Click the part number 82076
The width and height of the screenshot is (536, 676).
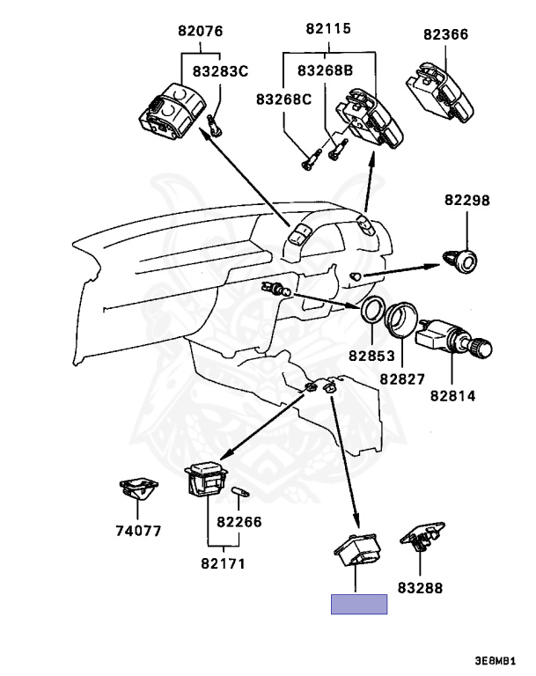pyautogui.click(x=199, y=32)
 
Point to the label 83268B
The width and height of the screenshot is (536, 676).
pyautogui.click(x=325, y=70)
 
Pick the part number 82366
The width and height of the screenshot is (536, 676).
pyautogui.click(x=445, y=35)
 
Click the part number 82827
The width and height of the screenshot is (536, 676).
pyautogui.click(x=402, y=378)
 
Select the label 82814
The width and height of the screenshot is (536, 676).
pyautogui.click(x=453, y=395)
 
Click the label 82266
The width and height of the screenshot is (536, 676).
pyautogui.click(x=239, y=521)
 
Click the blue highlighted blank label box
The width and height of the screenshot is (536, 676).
pyautogui.click(x=358, y=604)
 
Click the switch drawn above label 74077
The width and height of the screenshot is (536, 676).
pyautogui.click(x=136, y=488)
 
